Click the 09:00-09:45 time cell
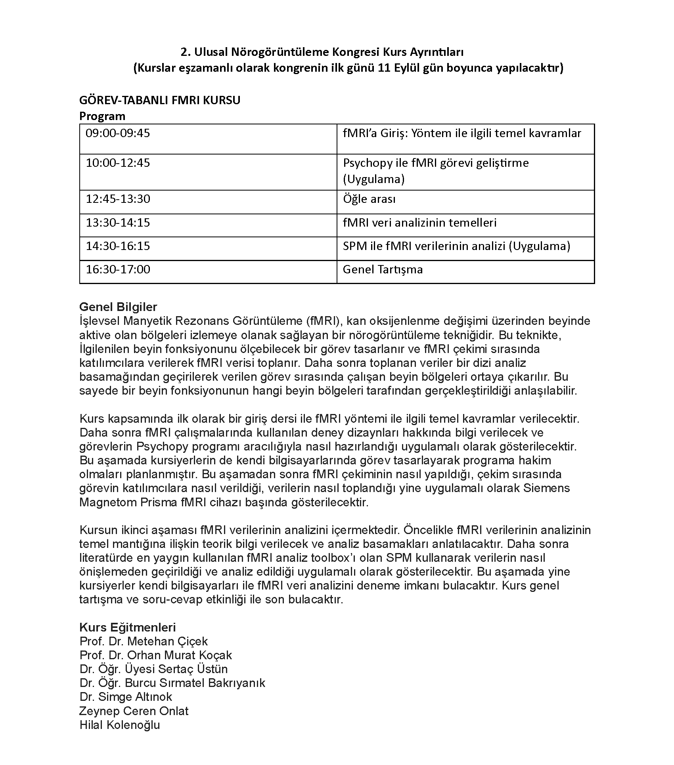tap(118, 133)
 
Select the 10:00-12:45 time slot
tap(118, 163)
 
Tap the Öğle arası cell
tap(369, 199)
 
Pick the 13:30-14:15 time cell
tap(118, 223)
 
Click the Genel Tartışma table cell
tap(383, 270)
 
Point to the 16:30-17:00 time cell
tap(118, 270)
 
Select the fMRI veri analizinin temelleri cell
tap(419, 223)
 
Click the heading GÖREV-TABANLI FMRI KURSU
tap(160, 100)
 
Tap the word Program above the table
tap(102, 116)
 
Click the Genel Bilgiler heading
tap(118, 307)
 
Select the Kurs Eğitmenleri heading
tap(127, 628)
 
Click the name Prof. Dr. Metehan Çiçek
tap(144, 641)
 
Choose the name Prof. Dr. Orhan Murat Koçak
tap(155, 655)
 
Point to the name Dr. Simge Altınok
tap(126, 697)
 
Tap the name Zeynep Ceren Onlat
tap(134, 711)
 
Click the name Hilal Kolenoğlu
tap(119, 725)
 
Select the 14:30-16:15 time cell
tap(118, 246)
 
